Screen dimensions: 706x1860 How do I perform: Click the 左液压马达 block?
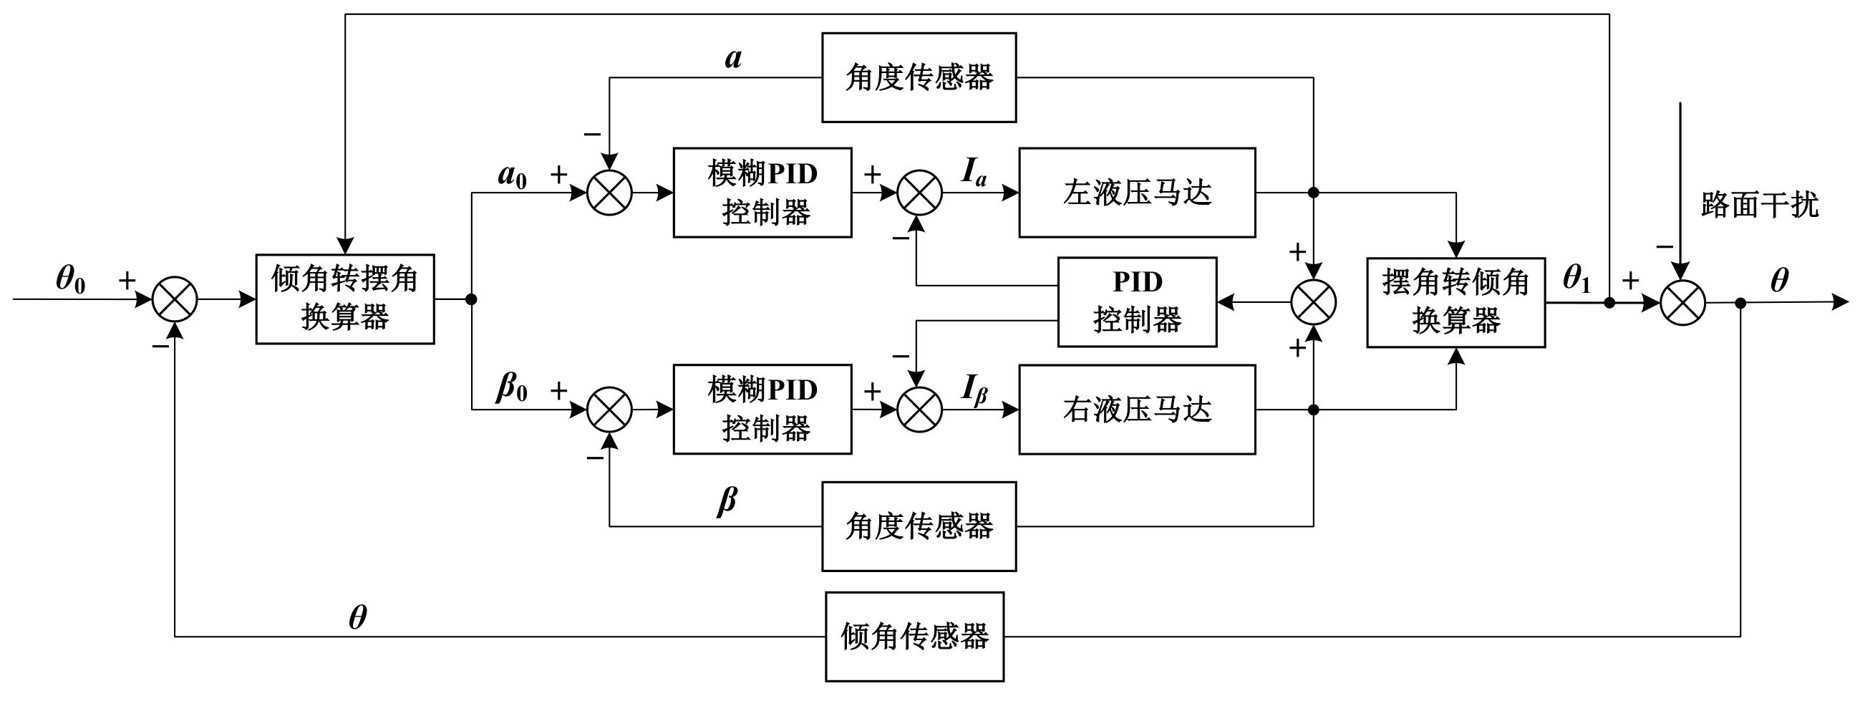tap(1136, 193)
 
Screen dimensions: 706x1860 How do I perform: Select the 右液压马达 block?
tap(1136, 410)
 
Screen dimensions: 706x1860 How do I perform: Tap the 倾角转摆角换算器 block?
tap(345, 299)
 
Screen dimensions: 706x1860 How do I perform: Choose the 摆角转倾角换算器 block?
tap(1455, 302)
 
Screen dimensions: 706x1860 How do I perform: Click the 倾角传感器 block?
tap(914, 637)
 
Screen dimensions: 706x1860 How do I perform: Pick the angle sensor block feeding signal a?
tap(919, 77)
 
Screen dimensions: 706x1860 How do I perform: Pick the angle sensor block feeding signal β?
tap(919, 526)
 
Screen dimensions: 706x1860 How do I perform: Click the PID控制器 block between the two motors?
tap(1136, 301)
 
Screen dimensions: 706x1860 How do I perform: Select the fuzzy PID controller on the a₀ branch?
tap(762, 193)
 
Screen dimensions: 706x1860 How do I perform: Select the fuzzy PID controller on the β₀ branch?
tap(762, 410)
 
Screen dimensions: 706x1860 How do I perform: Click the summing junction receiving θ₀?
tap(175, 299)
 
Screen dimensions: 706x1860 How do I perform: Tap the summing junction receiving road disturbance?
tap(1682, 302)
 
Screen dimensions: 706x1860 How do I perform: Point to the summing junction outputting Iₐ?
tap(919, 193)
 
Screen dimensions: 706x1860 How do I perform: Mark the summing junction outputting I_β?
tap(919, 410)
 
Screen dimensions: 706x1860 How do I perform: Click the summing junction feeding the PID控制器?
tap(1313, 301)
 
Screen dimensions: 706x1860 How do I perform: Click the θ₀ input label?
tap(71, 280)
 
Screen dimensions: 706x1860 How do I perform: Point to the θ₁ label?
tap(1576, 279)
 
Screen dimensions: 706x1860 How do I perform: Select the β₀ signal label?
tap(512, 388)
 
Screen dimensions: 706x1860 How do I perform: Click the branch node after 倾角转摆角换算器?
tap(472, 299)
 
